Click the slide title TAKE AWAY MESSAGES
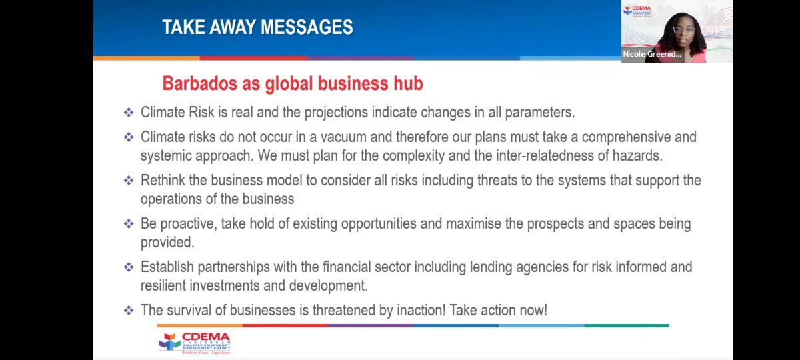pyautogui.click(x=257, y=28)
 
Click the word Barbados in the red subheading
pyautogui.click(x=195, y=85)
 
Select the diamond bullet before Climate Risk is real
pyautogui.click(x=129, y=113)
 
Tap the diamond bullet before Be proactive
pyautogui.click(x=129, y=224)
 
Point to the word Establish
pyautogui.click(x=167, y=267)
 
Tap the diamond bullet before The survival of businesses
pyautogui.click(x=129, y=311)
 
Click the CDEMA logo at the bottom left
pyautogui.click(x=194, y=342)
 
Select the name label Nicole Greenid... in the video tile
pyautogui.click(x=651, y=55)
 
